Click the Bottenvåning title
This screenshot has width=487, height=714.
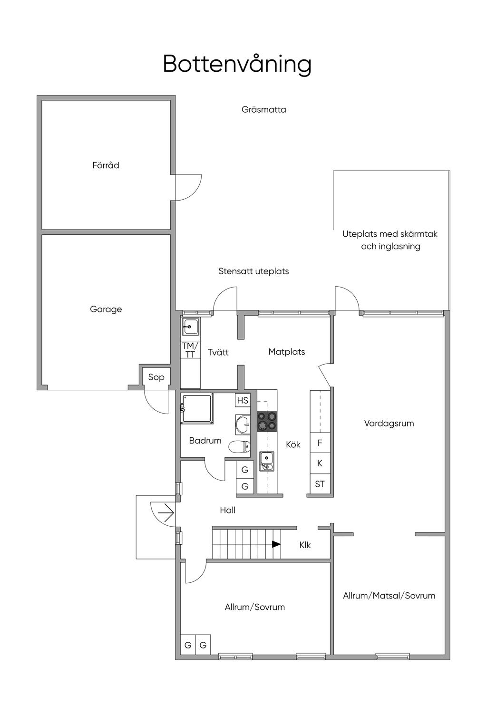[237, 64]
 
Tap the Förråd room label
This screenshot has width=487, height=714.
[106, 165]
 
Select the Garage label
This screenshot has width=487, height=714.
[106, 309]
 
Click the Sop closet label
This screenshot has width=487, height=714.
[156, 377]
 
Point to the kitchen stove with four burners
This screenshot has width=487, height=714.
[267, 421]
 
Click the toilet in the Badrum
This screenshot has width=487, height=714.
[240, 446]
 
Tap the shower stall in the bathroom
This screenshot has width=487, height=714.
[197, 408]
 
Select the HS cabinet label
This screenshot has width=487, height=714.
[243, 400]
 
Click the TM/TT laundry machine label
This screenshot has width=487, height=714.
[190, 350]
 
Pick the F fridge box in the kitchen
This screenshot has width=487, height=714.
[320, 443]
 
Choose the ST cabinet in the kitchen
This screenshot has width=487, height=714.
[320, 484]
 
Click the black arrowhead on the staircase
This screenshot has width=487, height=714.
[276, 544]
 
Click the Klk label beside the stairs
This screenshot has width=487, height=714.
[305, 545]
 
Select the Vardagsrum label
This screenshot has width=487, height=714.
[389, 423]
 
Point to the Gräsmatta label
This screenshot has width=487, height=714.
[264, 110]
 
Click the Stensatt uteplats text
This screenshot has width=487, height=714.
[253, 271]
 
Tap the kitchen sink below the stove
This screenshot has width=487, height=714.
[266, 461]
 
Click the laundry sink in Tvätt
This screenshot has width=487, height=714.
[191, 326]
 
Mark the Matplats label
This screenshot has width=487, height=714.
[287, 352]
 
